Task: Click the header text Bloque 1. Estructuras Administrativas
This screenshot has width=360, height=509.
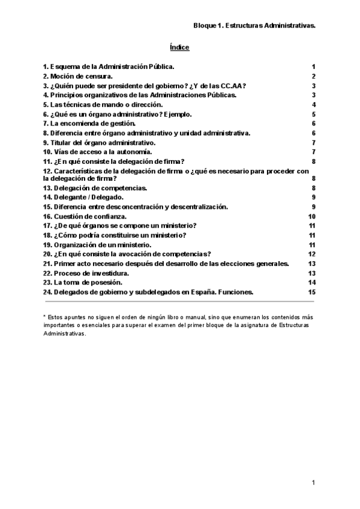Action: click(x=254, y=26)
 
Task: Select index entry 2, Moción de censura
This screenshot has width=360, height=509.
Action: click(x=78, y=76)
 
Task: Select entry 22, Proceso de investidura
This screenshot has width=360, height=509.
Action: click(x=86, y=273)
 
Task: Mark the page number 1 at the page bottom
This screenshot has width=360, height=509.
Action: click(x=313, y=483)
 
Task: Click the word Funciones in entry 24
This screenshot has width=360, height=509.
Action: click(x=235, y=292)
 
